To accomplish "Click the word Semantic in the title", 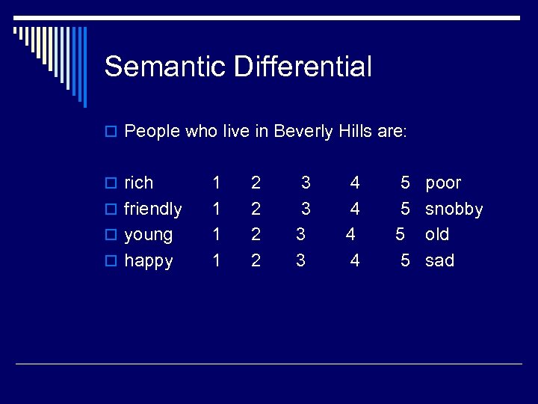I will click(165, 67).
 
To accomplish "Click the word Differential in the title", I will click(303, 67).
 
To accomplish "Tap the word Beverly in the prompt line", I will click(303, 132).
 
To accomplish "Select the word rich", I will click(139, 183).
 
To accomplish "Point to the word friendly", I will click(153, 209).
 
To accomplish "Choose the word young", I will click(149, 235).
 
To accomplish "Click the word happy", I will click(149, 261).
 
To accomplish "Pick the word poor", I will click(443, 183).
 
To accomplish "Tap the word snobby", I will click(454, 209).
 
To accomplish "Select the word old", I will click(437, 234).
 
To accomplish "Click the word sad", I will click(439, 260).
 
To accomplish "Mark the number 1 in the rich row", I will click(217, 183).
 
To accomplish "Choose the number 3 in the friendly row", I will click(306, 209).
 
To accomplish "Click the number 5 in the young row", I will click(400, 234).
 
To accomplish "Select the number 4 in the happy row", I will click(355, 260).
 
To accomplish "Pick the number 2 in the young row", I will click(256, 234).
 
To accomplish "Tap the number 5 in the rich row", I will click(405, 183).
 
